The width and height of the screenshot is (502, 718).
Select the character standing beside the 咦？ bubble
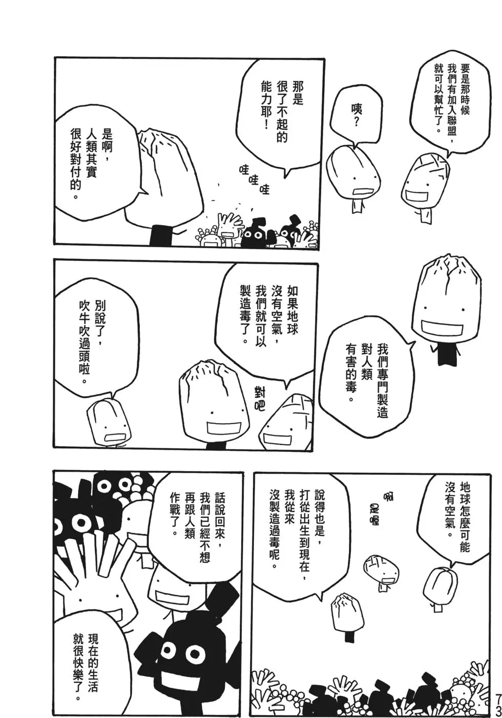[353, 174]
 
